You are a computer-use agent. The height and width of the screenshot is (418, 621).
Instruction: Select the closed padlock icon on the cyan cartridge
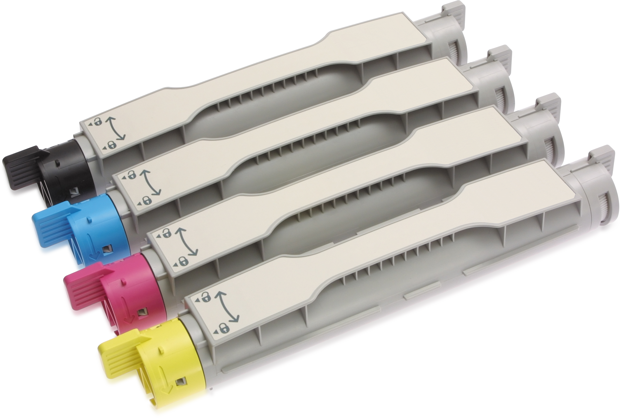pyautogui.click(x=146, y=200)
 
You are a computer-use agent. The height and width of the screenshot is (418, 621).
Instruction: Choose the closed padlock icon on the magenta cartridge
pyautogui.click(x=184, y=261)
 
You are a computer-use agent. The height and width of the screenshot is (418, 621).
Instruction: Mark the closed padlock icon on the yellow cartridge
pyautogui.click(x=225, y=328)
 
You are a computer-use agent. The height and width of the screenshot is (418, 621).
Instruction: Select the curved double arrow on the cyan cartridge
pyautogui.click(x=152, y=182)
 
